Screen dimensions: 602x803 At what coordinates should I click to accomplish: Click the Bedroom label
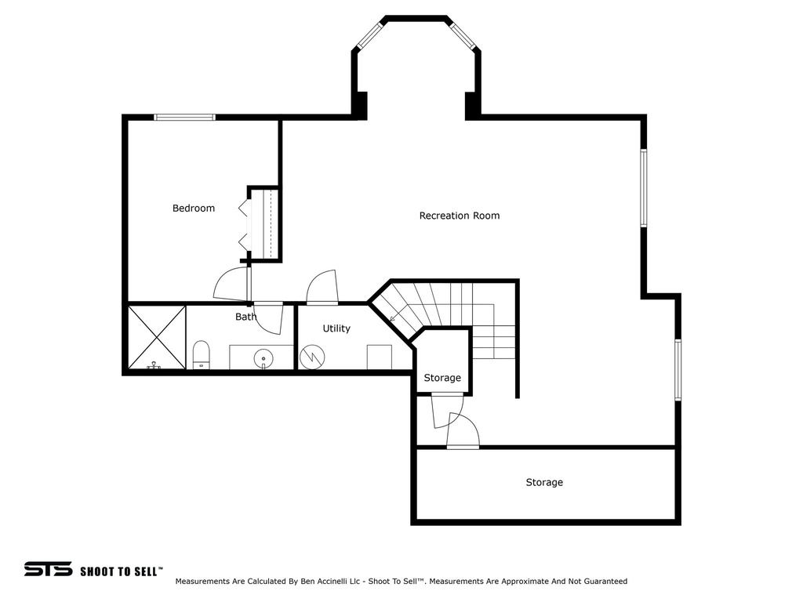pyautogui.click(x=194, y=209)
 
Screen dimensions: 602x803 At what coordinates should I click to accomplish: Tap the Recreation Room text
pyautogui.click(x=459, y=216)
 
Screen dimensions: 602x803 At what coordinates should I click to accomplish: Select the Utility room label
pyautogui.click(x=336, y=328)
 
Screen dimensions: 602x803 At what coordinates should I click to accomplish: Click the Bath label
pyautogui.click(x=245, y=317)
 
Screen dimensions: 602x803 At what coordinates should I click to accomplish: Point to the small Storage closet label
pyautogui.click(x=442, y=378)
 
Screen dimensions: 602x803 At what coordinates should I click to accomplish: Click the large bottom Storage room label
pyautogui.click(x=544, y=483)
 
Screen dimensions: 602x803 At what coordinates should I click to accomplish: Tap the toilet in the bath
pyautogui.click(x=202, y=354)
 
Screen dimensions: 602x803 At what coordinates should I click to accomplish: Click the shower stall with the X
pyautogui.click(x=157, y=337)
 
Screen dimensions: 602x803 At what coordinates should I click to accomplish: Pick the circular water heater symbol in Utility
pyautogui.click(x=312, y=357)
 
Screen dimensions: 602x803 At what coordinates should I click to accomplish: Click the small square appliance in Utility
pyautogui.click(x=380, y=356)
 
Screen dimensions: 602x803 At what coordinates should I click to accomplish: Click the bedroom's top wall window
pyautogui.click(x=184, y=118)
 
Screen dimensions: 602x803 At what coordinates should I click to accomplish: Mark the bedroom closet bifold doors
pyautogui.click(x=244, y=225)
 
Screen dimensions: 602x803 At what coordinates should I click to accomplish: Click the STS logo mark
pyautogui.click(x=48, y=569)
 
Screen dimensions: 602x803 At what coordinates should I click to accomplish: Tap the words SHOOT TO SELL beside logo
pyautogui.click(x=121, y=571)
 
